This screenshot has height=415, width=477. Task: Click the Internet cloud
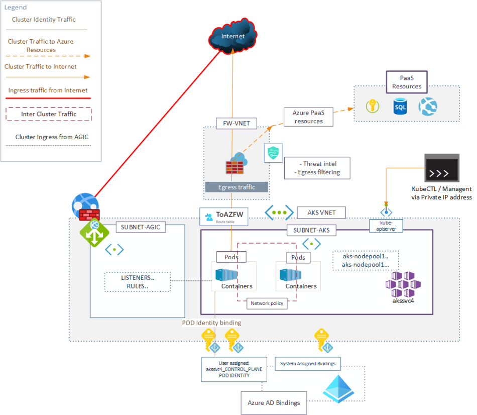point(233,36)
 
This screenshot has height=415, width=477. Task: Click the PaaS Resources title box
point(407,82)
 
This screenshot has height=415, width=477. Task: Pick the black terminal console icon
point(441,167)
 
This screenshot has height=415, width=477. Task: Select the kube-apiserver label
point(386,225)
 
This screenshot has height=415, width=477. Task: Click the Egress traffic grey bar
point(236,187)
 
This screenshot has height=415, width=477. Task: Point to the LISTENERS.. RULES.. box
point(138,281)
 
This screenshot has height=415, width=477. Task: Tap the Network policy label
point(267,303)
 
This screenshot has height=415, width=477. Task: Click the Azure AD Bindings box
point(274,403)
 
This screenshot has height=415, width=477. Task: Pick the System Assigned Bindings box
point(308,363)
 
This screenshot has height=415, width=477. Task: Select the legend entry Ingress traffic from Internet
point(48,91)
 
